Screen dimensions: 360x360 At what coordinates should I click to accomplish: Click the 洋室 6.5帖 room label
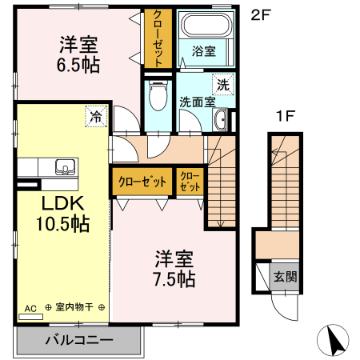78,54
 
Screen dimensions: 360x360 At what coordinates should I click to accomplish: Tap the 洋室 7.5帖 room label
174,269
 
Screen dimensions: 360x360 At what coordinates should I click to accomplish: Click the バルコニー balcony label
78,340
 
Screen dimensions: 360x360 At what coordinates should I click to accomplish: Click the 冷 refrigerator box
96,117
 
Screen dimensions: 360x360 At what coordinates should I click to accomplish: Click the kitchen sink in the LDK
64,168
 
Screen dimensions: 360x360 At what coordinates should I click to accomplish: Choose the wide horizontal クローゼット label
143,182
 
